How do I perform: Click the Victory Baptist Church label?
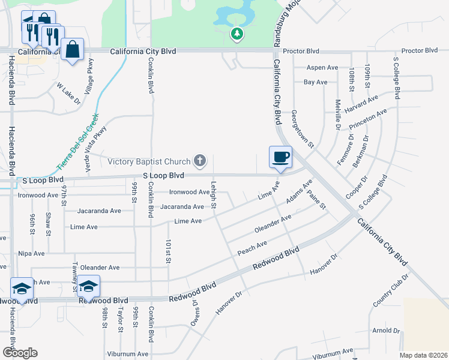(x=149, y=161)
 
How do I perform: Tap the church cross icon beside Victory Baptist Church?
(x=200, y=161)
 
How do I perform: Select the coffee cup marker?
(x=280, y=158)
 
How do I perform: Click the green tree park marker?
(x=237, y=34)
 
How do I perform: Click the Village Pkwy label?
(x=89, y=77)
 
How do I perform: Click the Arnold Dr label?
(x=385, y=331)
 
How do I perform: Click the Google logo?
(x=19, y=353)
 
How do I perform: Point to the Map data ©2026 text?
(x=423, y=355)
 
